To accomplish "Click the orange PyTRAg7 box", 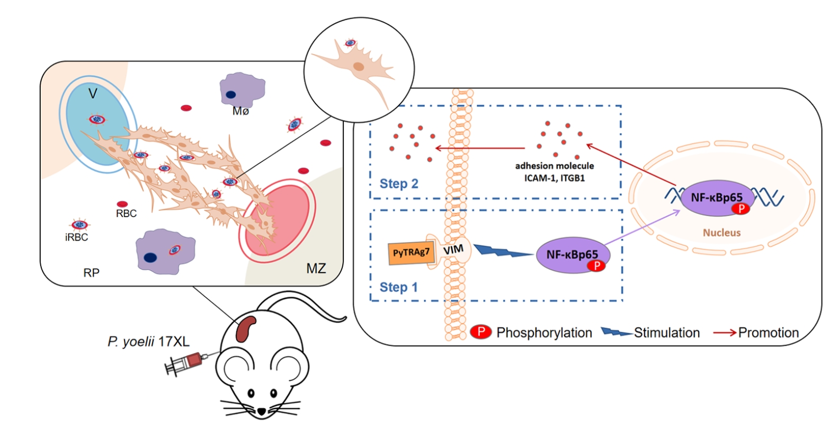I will [412, 253].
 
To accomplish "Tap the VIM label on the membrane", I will [453, 250].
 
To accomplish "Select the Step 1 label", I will [398, 288].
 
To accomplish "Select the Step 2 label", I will [398, 184].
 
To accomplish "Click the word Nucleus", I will [721, 233].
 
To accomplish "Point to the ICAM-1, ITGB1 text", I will [555, 178].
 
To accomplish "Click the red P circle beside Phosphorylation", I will [480, 332].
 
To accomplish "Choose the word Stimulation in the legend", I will [666, 333].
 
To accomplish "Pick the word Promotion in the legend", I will [768, 333].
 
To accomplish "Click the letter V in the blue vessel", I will [93, 94].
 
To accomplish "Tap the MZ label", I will [316, 269].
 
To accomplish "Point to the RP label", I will [91, 273].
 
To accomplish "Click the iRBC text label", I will [76, 237].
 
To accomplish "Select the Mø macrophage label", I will [240, 111].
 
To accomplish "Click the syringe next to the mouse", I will [185, 362].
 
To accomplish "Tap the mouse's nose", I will [262, 411].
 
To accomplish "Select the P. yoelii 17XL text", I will [148, 342].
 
